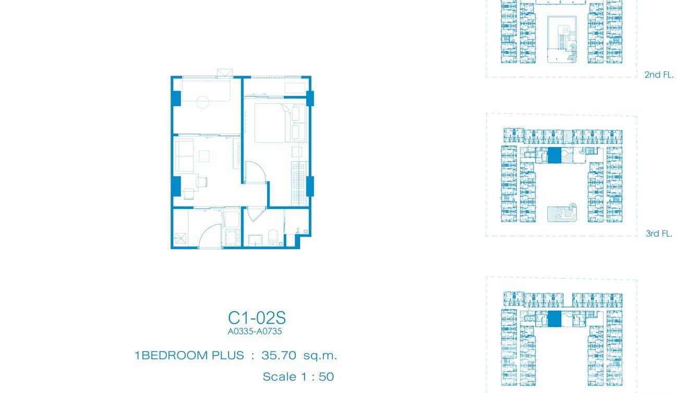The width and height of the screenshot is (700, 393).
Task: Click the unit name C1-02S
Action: coord(257,318)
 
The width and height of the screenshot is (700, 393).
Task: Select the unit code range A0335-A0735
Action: coord(255,331)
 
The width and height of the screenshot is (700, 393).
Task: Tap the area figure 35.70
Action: coord(279,355)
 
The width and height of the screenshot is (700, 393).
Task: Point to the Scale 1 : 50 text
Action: coord(298,377)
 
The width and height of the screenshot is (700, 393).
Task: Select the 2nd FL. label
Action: coord(659,75)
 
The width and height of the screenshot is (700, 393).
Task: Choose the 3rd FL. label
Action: coord(659,234)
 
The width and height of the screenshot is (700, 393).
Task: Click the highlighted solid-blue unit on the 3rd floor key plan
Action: coord(554,155)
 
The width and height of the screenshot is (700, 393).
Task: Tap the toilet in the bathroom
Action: coord(273,238)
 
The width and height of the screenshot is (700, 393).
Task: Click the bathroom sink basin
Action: coord(255,240)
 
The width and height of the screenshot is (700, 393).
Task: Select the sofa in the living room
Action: coord(184,156)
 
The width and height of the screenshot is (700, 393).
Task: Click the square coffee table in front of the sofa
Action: coord(204,156)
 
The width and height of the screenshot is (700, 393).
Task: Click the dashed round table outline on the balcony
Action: coord(202,102)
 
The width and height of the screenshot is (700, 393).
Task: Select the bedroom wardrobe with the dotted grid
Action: coord(299,183)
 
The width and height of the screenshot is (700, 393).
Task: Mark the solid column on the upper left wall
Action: coord(176,99)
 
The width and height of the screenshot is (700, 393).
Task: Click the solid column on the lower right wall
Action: coord(310,187)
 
